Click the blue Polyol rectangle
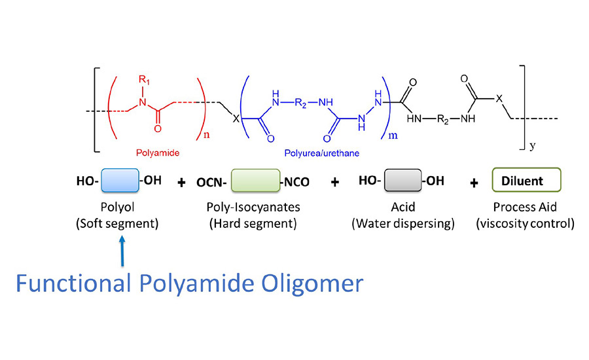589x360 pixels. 120,180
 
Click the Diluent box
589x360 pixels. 527,179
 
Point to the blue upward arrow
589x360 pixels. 122,252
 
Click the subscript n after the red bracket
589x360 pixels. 206,137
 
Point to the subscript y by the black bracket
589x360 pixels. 532,147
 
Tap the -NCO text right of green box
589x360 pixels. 295,181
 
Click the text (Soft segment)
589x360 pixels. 122,223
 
